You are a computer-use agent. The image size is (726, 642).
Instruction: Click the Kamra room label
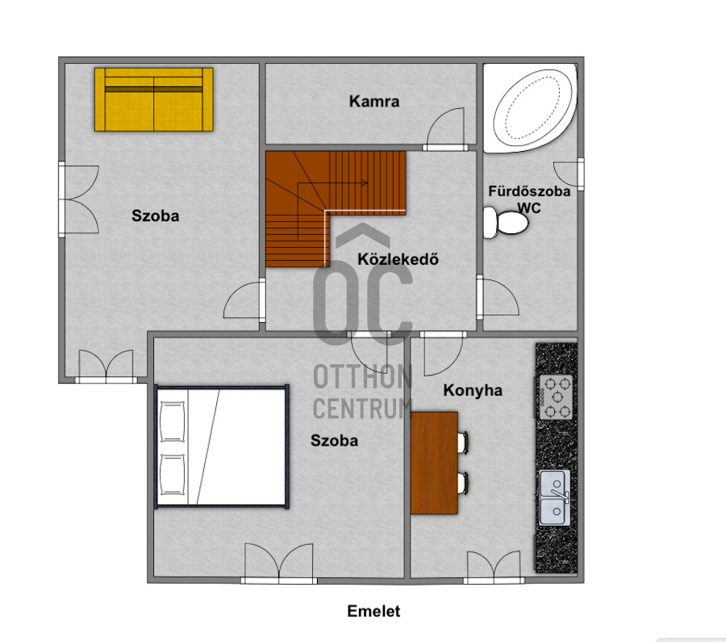coord(374,102)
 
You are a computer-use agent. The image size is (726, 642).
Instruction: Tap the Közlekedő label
coord(398,258)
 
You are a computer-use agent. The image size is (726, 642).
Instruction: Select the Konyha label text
coord(473,390)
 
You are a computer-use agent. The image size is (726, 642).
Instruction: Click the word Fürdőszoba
coord(529,191)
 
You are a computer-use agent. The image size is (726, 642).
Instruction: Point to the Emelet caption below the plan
coord(373,611)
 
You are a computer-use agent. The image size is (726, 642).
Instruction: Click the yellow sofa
coord(154,99)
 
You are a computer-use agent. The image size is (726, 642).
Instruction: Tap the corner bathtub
coord(530,108)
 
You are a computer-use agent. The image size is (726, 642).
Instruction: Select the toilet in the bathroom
coord(506,223)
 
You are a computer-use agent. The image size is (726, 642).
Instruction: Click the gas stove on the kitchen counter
coord(556,397)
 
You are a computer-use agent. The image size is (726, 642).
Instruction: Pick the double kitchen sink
coord(555,498)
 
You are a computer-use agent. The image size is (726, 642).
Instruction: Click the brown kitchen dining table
coord(434,463)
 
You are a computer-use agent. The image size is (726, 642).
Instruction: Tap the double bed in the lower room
coord(222,447)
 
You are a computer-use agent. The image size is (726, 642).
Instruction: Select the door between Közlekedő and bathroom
coord(498,296)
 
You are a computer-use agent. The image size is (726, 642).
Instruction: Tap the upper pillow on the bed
coord(172,422)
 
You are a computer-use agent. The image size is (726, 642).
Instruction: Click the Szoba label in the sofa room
coord(155,216)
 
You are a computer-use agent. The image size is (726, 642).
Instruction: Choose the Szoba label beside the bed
coord(334,440)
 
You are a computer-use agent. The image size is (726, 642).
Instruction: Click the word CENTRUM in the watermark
coord(362,409)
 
